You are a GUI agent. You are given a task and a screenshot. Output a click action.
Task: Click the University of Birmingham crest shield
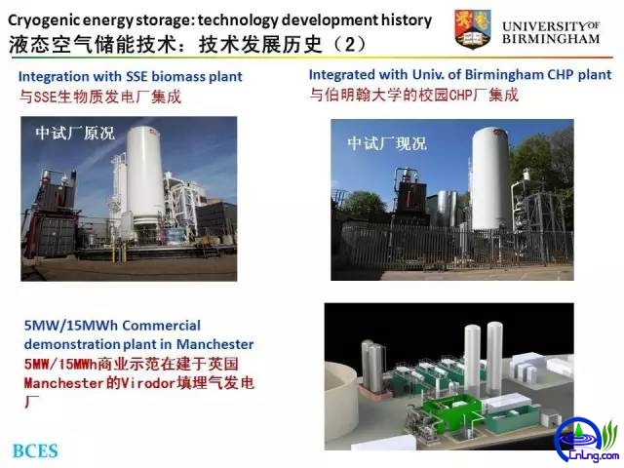coord(473,29)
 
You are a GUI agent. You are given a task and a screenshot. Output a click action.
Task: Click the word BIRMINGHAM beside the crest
coord(551,39)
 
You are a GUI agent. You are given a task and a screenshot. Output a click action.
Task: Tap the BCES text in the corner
coord(35,450)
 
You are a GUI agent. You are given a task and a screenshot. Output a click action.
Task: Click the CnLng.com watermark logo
coord(588,441)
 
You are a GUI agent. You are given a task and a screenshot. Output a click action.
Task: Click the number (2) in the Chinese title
coord(350,44)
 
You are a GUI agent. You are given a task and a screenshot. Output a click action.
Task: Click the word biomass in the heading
coord(179,76)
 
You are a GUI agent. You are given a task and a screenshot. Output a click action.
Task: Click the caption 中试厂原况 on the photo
coord(75,134)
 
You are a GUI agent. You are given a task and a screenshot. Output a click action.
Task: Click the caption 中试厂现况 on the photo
coord(387,143)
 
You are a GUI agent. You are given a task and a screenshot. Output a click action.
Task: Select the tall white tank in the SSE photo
coord(145,175)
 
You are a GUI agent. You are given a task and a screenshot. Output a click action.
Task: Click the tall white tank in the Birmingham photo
coord(490,178)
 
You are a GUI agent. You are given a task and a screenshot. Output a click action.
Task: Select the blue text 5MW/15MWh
coord(71,326)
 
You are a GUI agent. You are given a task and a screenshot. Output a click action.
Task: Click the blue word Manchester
coord(214,344)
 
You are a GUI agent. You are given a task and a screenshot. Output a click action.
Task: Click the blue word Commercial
coord(161,326)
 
